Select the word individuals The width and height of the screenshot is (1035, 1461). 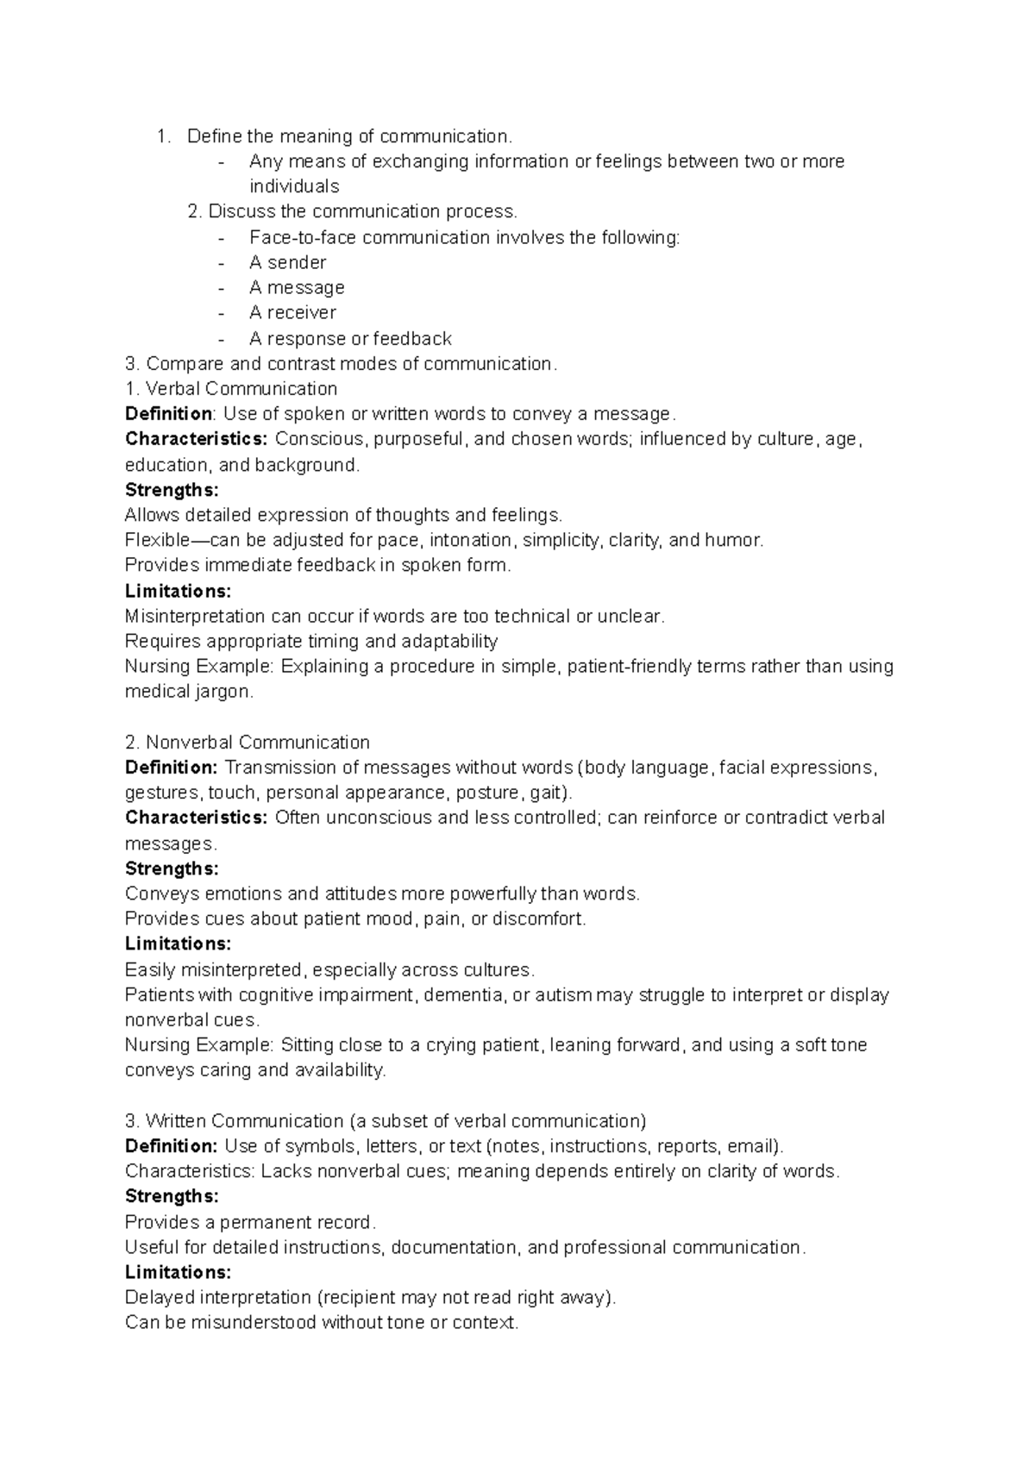click(x=294, y=186)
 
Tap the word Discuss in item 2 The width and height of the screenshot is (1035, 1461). click(x=237, y=211)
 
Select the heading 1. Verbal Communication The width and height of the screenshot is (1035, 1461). click(x=231, y=388)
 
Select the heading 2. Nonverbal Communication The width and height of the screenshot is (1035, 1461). click(x=248, y=742)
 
